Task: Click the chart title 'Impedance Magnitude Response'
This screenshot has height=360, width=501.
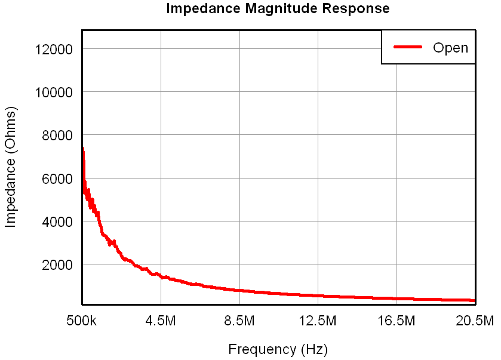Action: click(x=278, y=9)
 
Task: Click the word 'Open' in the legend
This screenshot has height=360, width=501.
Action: click(x=450, y=48)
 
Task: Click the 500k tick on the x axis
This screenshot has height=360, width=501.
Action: click(x=82, y=321)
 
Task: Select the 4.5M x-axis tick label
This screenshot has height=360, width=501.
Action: click(x=161, y=321)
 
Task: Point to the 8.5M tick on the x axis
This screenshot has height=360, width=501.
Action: click(x=239, y=321)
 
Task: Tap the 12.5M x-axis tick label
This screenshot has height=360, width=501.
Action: click(x=318, y=321)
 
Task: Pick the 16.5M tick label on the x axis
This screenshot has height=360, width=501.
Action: click(x=397, y=321)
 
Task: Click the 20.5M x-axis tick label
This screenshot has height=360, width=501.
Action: click(x=475, y=321)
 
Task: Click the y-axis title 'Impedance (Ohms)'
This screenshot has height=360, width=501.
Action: click(x=10, y=167)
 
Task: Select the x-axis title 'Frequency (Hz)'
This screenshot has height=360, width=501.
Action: click(x=278, y=349)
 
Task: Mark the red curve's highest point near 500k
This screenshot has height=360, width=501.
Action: click(x=82, y=148)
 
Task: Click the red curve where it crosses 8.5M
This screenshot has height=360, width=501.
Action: click(x=239, y=290)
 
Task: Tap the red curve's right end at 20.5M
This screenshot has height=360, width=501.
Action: click(x=475, y=301)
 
